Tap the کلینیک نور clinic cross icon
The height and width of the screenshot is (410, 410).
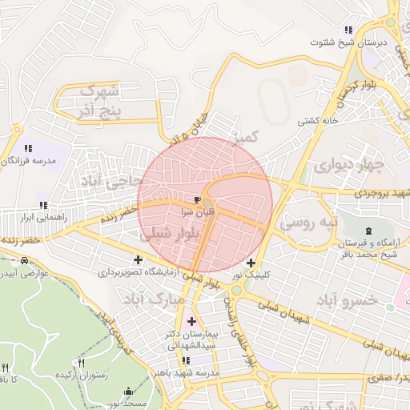point(251,263)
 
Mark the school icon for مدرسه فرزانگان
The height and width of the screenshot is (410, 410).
point(28,148)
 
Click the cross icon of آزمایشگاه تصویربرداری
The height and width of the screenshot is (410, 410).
point(139,259)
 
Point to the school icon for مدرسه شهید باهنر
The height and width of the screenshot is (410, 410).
point(186,360)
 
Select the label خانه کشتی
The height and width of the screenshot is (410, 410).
point(318,122)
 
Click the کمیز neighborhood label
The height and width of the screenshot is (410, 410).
point(244,139)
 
